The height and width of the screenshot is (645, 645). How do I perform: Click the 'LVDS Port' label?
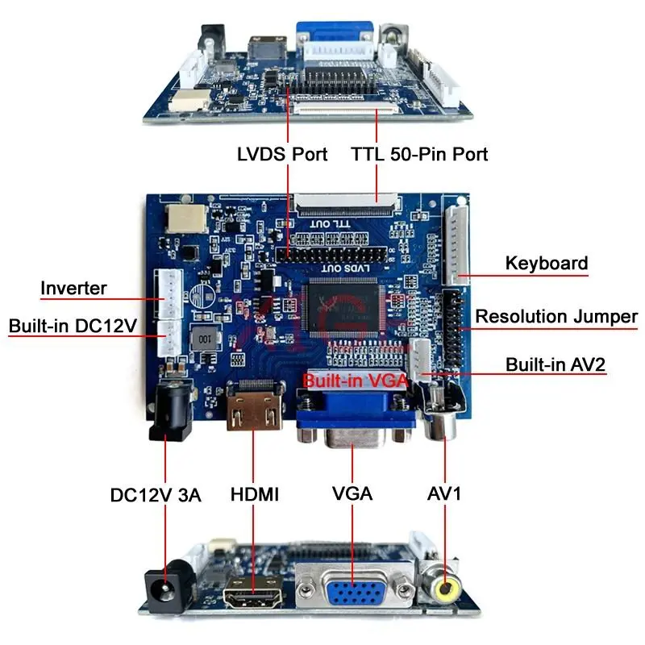(282, 153)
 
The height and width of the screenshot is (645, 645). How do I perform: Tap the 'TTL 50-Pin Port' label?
(419, 153)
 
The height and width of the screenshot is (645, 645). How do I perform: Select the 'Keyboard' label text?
(546, 263)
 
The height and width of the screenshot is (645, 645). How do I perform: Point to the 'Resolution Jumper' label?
(556, 316)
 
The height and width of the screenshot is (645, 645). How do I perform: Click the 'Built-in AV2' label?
(556, 364)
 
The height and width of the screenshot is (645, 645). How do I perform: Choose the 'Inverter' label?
(74, 288)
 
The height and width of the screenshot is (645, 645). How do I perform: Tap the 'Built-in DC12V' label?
(73, 326)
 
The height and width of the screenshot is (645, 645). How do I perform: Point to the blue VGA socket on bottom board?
(353, 593)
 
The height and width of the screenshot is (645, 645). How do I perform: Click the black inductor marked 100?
(206, 338)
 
